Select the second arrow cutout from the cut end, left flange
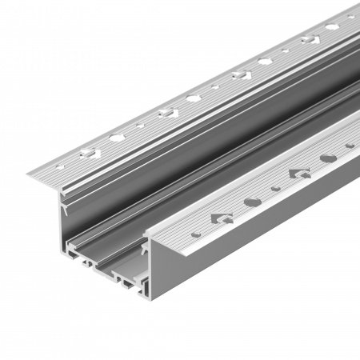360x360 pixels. [x=166, y=112]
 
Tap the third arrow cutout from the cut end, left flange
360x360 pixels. [x=240, y=74]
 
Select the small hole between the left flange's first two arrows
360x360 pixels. [x=140, y=125]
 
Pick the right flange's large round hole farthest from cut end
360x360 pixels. [x=328, y=158]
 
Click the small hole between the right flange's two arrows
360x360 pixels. [x=275, y=188]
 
